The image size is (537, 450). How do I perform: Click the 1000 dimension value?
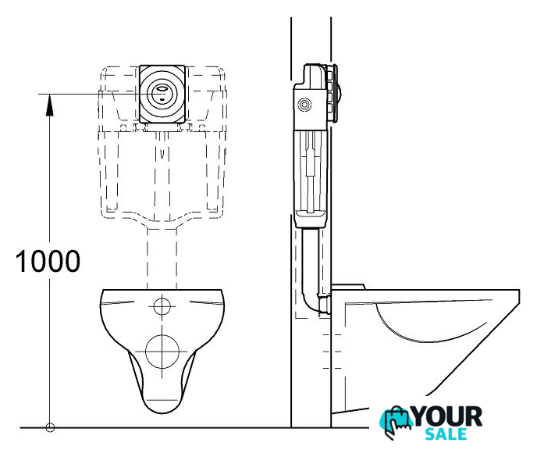click(x=48, y=261)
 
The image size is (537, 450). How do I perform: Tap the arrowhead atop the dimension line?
click(x=50, y=105)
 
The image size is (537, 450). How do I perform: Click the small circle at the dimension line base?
click(x=50, y=427)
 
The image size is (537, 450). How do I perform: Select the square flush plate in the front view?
click(x=162, y=94)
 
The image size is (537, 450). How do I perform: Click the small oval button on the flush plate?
click(x=162, y=88)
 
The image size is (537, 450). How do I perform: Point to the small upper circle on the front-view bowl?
click(x=162, y=306)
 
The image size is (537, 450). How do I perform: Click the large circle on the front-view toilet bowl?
click(x=162, y=352)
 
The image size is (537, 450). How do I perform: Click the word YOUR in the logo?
click(x=447, y=416)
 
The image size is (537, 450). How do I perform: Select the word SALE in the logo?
click(x=446, y=434)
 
